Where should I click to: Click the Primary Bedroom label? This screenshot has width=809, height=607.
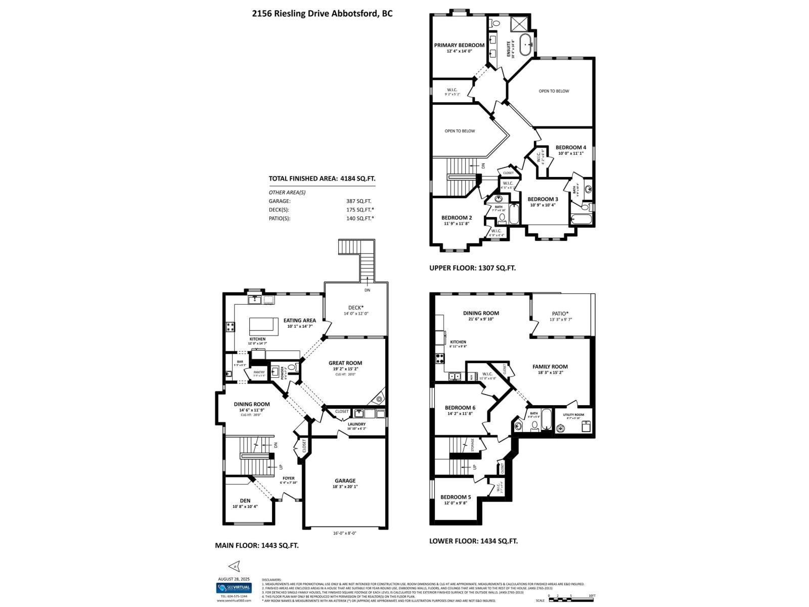click(459, 45)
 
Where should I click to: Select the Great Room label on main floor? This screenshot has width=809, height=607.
click(345, 363)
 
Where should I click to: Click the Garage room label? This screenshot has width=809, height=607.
click(345, 481)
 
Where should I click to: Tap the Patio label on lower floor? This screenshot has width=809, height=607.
click(560, 313)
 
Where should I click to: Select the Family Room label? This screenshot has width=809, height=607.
click(550, 367)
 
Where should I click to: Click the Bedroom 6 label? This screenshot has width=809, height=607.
click(460, 408)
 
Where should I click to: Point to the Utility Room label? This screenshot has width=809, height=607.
click(573, 415)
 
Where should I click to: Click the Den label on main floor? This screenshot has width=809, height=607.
click(245, 501)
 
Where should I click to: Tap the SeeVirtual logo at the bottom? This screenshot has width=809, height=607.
click(234, 588)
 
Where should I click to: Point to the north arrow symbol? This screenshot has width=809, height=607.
click(234, 566)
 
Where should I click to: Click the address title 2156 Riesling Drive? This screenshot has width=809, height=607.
click(322, 14)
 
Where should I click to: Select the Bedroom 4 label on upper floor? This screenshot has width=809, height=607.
click(571, 148)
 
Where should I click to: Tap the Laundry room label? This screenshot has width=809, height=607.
click(356, 424)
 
